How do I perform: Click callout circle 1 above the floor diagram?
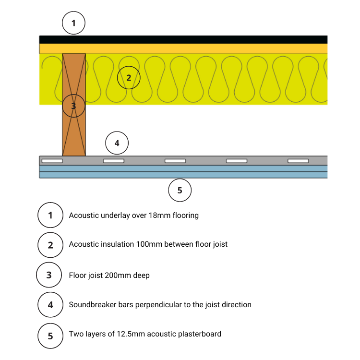(x=73, y=23)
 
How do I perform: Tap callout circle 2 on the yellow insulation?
(x=129, y=78)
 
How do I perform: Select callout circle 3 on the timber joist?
(x=73, y=106)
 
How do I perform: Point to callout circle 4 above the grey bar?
(x=117, y=143)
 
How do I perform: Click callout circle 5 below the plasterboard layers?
(x=180, y=190)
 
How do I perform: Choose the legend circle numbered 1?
(x=50, y=215)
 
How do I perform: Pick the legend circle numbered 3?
(x=49, y=275)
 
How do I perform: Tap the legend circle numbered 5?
(x=50, y=335)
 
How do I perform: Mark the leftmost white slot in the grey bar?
(x=52, y=161)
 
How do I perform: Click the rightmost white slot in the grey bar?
(x=298, y=161)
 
